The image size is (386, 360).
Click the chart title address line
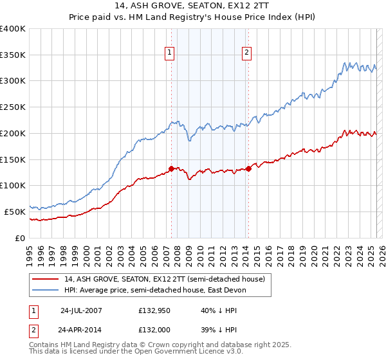tap(192, 6)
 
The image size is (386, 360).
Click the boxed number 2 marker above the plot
tap(247, 53)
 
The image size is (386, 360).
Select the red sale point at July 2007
tap(171, 168)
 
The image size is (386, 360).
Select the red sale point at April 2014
tap(248, 169)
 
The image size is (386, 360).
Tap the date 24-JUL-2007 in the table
tap(81, 310)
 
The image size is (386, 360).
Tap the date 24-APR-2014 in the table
tap(81, 330)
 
